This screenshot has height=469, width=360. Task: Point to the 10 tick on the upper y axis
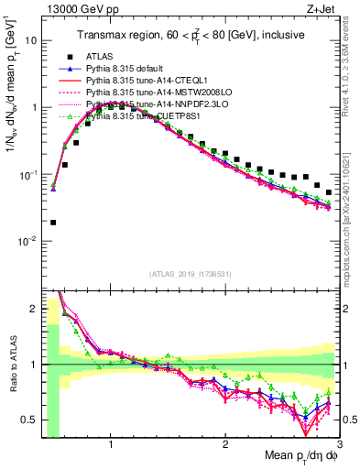[x=30, y=41]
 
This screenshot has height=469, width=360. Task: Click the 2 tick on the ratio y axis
[x=32, y=308]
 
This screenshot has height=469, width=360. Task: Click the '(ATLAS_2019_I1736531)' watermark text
[x=191, y=274]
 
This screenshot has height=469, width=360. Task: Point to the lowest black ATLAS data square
[x=53, y=222]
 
